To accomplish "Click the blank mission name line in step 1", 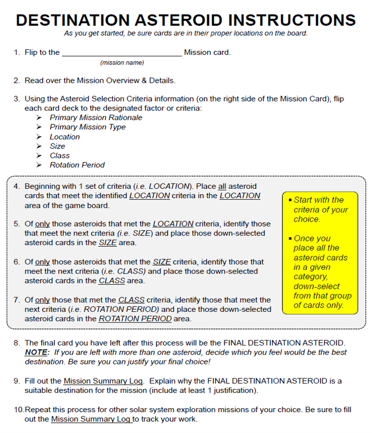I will [122, 53].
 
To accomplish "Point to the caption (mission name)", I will [122, 63].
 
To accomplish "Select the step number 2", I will [16, 80].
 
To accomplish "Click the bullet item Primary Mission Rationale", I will [96, 118].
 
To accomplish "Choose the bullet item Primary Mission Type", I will [87, 127].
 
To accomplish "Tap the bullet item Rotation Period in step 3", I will [77, 165].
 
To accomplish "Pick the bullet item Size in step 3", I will [57, 146].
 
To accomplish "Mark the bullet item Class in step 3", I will [60, 156].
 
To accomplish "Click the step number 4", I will [16, 186].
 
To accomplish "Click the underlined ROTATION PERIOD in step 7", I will [135, 319].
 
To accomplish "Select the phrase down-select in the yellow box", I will [316, 287].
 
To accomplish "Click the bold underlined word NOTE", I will [36, 353].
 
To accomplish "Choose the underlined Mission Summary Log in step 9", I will [103, 381].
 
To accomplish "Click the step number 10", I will [18, 409].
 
